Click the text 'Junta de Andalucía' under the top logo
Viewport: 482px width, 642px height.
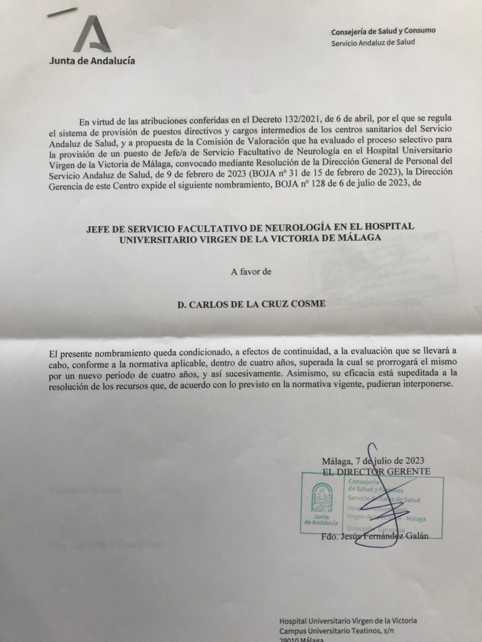(x=91, y=60)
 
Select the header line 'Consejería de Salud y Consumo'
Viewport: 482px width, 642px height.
(x=383, y=31)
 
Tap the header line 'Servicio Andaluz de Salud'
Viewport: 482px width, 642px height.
(x=373, y=42)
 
